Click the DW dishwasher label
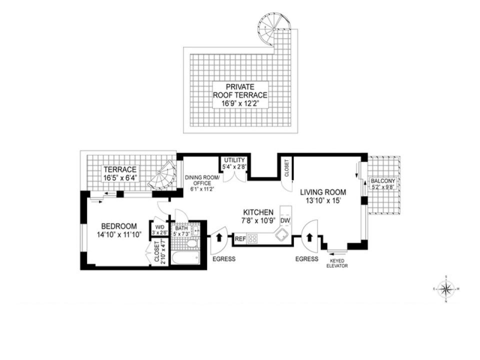pyautogui.click(x=285, y=220)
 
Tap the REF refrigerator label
pyautogui.click(x=240, y=239)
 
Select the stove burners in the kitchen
pyautogui.click(x=253, y=238)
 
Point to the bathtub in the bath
pyautogui.click(x=185, y=257)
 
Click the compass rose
pyautogui.click(x=445, y=288)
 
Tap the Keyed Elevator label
pyautogui.click(x=338, y=263)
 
